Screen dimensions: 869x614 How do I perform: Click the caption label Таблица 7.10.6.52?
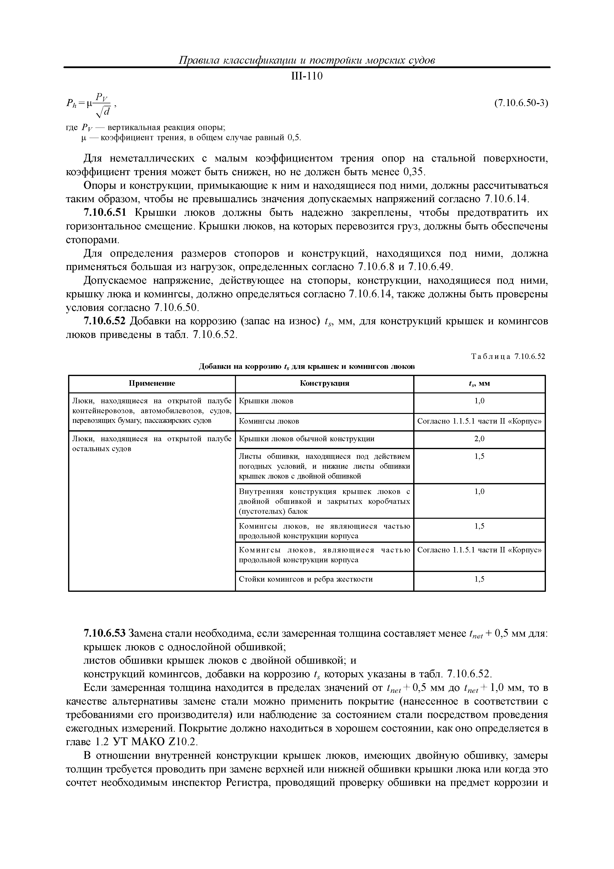point(508,356)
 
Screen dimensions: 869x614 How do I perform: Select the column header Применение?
point(152,383)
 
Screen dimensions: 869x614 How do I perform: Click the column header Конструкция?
point(324,383)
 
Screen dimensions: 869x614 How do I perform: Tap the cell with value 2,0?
point(479,439)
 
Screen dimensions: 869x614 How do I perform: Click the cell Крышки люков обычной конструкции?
point(307,439)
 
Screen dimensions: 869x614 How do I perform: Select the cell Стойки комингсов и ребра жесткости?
point(306,579)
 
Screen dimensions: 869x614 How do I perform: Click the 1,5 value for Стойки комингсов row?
point(479,579)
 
